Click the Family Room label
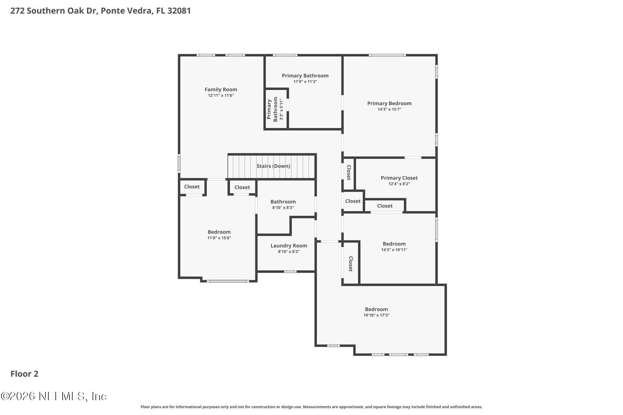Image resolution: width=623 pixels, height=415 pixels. (x=221, y=90)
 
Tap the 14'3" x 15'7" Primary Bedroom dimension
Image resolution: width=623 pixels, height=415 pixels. (x=389, y=109)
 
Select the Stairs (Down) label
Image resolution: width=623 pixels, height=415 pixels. (x=273, y=166)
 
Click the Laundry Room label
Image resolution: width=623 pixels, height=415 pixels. (x=289, y=246)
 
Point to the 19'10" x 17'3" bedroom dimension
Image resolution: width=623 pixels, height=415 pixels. (x=376, y=315)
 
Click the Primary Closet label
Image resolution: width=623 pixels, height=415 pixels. (x=399, y=178)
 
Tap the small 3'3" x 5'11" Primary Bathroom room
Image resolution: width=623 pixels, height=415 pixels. (x=276, y=109)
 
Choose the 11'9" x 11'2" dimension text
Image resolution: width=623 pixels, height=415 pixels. (x=305, y=82)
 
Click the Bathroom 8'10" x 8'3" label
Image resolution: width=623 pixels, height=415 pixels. (x=283, y=202)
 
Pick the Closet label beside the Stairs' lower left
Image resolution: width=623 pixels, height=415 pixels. (x=242, y=187)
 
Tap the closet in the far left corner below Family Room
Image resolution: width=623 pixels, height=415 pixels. (x=192, y=187)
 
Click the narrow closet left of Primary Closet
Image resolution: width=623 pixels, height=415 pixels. (x=349, y=173)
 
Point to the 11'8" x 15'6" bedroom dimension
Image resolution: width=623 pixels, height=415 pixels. (x=219, y=238)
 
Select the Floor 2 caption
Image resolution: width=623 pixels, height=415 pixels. (x=24, y=374)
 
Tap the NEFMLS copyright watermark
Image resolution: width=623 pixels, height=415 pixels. (x=54, y=396)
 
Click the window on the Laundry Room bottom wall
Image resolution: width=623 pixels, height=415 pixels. (x=290, y=272)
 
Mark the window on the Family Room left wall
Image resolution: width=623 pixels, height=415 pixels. (x=179, y=163)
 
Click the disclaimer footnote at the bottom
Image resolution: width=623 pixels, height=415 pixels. (x=311, y=407)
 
